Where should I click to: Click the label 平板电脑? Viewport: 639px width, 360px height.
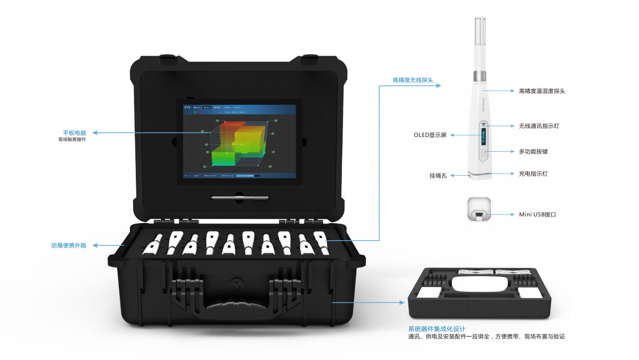coord(75,132)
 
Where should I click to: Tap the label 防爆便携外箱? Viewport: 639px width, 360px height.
coord(68,246)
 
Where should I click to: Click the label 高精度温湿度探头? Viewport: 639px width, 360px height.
coord(542,91)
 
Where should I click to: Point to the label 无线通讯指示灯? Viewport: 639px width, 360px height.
coord(539,126)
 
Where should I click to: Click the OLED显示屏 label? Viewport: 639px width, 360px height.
coord(430,135)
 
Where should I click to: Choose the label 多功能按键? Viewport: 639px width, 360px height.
coord(533,152)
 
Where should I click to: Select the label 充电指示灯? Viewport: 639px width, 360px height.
coord(533,174)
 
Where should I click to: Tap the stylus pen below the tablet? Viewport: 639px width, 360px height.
coord(239,198)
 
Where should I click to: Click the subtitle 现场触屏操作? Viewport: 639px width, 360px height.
coord(72,140)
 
